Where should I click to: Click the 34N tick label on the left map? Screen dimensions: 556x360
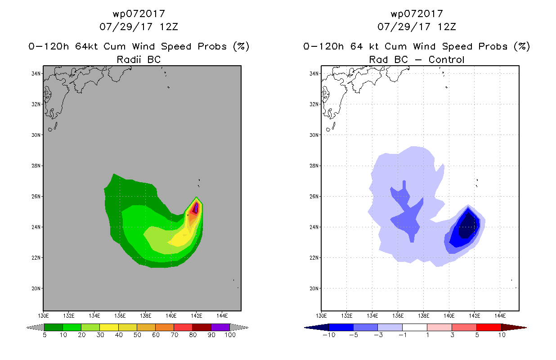tap(36, 74)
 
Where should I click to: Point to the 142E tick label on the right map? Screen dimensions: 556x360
tap(474, 316)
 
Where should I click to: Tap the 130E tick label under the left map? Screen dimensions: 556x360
tap(43, 316)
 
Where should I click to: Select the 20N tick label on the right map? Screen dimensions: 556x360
tap(314, 288)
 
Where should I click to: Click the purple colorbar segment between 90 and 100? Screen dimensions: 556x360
tap(220, 327)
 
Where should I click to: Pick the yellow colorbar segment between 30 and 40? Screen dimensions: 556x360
tap(109, 327)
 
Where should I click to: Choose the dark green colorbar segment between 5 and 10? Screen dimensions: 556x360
tap(54, 327)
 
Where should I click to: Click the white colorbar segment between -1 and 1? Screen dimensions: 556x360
tap(415, 327)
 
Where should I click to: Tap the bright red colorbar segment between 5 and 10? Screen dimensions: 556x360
tap(489, 327)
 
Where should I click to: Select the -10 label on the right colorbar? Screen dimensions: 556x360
tap(329, 335)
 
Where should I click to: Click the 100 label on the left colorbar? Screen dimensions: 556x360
tap(230, 335)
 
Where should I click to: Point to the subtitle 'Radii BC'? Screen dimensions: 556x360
tap(139, 59)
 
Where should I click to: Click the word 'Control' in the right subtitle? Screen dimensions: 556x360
tap(446, 59)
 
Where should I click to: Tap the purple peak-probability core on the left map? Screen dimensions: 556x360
tap(196, 207)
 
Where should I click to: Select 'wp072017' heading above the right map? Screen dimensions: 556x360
tap(417, 14)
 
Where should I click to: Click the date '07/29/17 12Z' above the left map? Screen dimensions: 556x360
tap(139, 27)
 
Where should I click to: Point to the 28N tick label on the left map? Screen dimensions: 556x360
tap(36, 166)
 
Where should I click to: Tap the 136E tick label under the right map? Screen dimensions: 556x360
tap(398, 316)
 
